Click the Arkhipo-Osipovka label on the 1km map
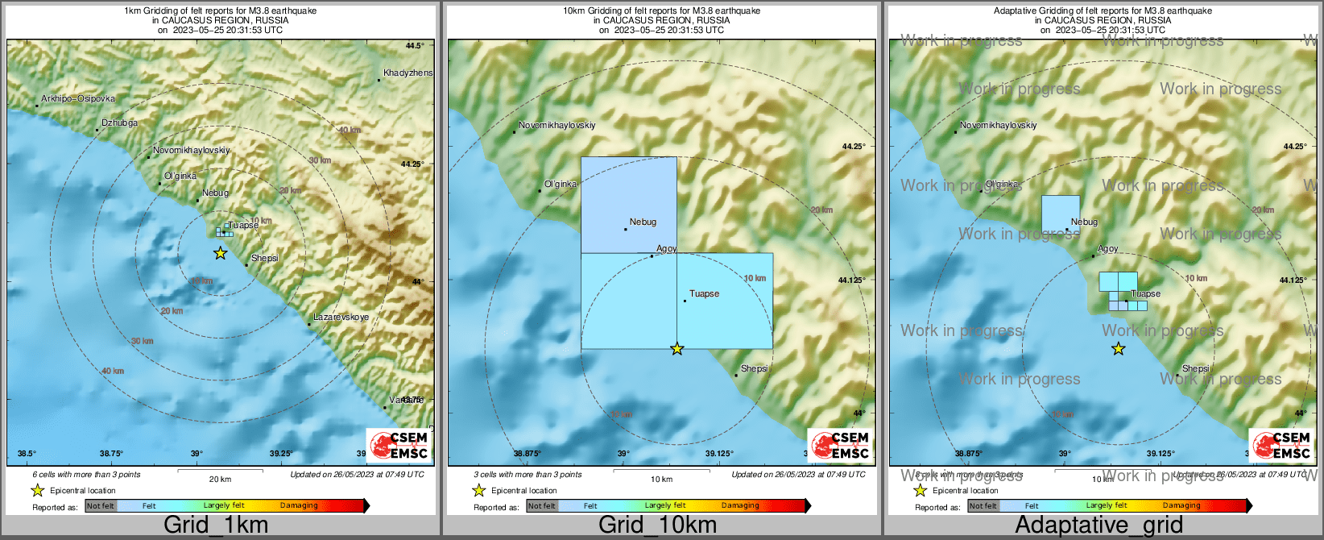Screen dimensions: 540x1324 78,99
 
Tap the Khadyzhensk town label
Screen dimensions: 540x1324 408,73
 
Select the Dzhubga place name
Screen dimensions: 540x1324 120,123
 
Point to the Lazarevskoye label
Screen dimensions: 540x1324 341,318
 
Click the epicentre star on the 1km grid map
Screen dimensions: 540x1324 220,253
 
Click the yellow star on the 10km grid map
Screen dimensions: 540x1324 677,349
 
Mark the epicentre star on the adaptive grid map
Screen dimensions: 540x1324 1119,349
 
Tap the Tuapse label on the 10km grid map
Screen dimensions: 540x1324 704,294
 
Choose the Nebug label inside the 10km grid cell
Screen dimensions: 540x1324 643,222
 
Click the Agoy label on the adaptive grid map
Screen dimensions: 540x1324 1108,249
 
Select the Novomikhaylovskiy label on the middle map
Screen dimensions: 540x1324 557,126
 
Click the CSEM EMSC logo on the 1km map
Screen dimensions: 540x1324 399,445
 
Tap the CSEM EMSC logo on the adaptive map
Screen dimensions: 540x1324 1281,445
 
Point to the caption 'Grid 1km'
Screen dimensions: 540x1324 216,525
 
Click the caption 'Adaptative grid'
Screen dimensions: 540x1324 1099,525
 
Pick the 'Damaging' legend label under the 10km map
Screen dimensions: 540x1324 740,506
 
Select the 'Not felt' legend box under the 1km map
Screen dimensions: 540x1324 101,506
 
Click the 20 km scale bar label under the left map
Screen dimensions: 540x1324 220,480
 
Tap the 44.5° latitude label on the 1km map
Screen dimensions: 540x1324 415,46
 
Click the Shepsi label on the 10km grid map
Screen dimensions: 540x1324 754,369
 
